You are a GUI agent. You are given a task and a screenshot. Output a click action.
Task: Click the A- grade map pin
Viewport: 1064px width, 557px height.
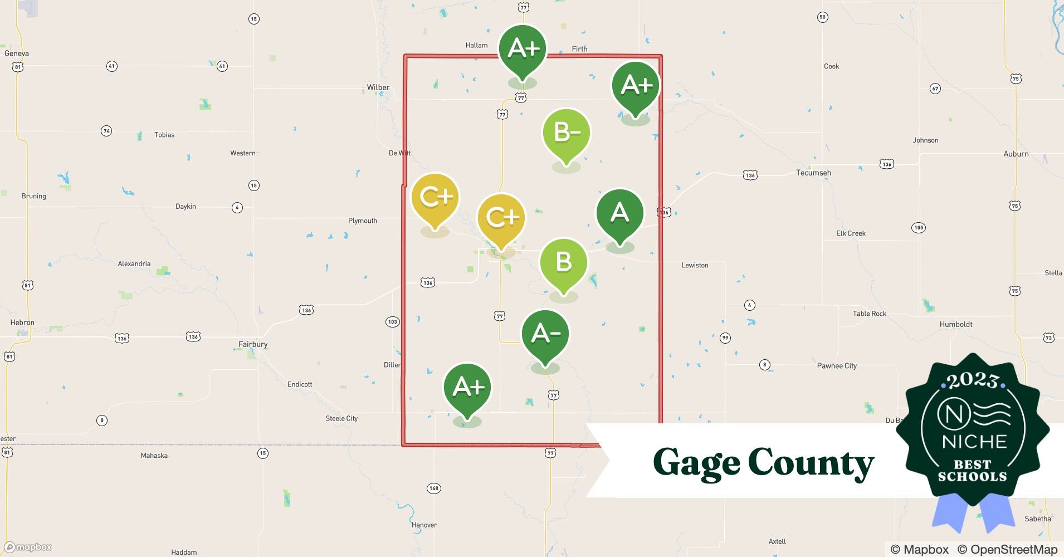click(x=545, y=334)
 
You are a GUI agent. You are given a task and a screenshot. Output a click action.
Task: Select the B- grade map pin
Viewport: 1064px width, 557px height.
click(x=566, y=133)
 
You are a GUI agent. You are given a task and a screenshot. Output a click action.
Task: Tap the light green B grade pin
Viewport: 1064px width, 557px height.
click(x=563, y=262)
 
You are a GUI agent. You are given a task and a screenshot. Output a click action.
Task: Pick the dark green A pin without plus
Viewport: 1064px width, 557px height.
click(x=619, y=213)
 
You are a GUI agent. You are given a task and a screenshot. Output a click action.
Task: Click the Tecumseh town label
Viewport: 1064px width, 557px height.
click(x=813, y=173)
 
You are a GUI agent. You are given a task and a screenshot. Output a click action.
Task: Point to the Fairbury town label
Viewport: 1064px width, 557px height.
click(x=253, y=344)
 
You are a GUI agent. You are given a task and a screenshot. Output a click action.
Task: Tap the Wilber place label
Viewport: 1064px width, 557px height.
click(x=378, y=87)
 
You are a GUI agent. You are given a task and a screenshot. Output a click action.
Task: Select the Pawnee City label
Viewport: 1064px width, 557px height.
click(x=836, y=366)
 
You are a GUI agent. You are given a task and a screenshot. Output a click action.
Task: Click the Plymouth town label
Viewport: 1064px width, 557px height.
click(x=363, y=221)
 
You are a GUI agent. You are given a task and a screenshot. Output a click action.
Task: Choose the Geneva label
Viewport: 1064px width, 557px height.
click(x=17, y=53)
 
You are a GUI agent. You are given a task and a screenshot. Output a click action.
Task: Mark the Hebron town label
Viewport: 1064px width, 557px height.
click(x=22, y=323)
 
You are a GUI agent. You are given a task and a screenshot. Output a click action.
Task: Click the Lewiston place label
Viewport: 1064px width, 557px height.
click(x=695, y=265)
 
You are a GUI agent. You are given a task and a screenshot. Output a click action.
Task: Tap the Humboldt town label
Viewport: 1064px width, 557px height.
click(x=955, y=324)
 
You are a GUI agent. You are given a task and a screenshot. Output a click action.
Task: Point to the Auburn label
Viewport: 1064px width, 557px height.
click(x=1016, y=154)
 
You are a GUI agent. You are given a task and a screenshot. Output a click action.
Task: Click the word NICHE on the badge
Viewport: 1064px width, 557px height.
click(x=974, y=442)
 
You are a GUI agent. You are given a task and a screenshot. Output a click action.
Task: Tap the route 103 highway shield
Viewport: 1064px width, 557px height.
click(x=392, y=321)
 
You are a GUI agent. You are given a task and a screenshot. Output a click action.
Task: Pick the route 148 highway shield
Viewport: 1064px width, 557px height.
click(x=433, y=488)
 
